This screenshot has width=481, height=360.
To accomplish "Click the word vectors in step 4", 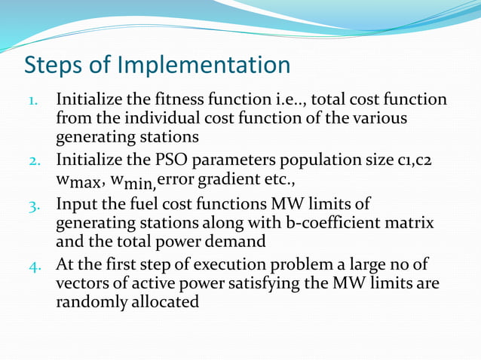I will (x=82, y=284).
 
